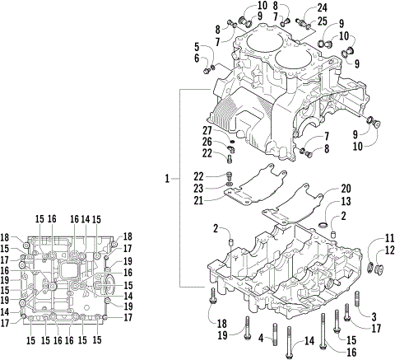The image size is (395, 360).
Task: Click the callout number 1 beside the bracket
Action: (x=167, y=178)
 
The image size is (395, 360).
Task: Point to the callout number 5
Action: (x=197, y=46)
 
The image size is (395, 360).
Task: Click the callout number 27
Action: (x=208, y=130)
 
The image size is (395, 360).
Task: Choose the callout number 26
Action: (x=208, y=142)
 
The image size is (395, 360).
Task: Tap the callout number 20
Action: (x=346, y=188)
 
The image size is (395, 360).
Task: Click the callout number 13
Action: (x=346, y=201)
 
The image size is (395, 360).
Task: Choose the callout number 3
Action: (x=373, y=316)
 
